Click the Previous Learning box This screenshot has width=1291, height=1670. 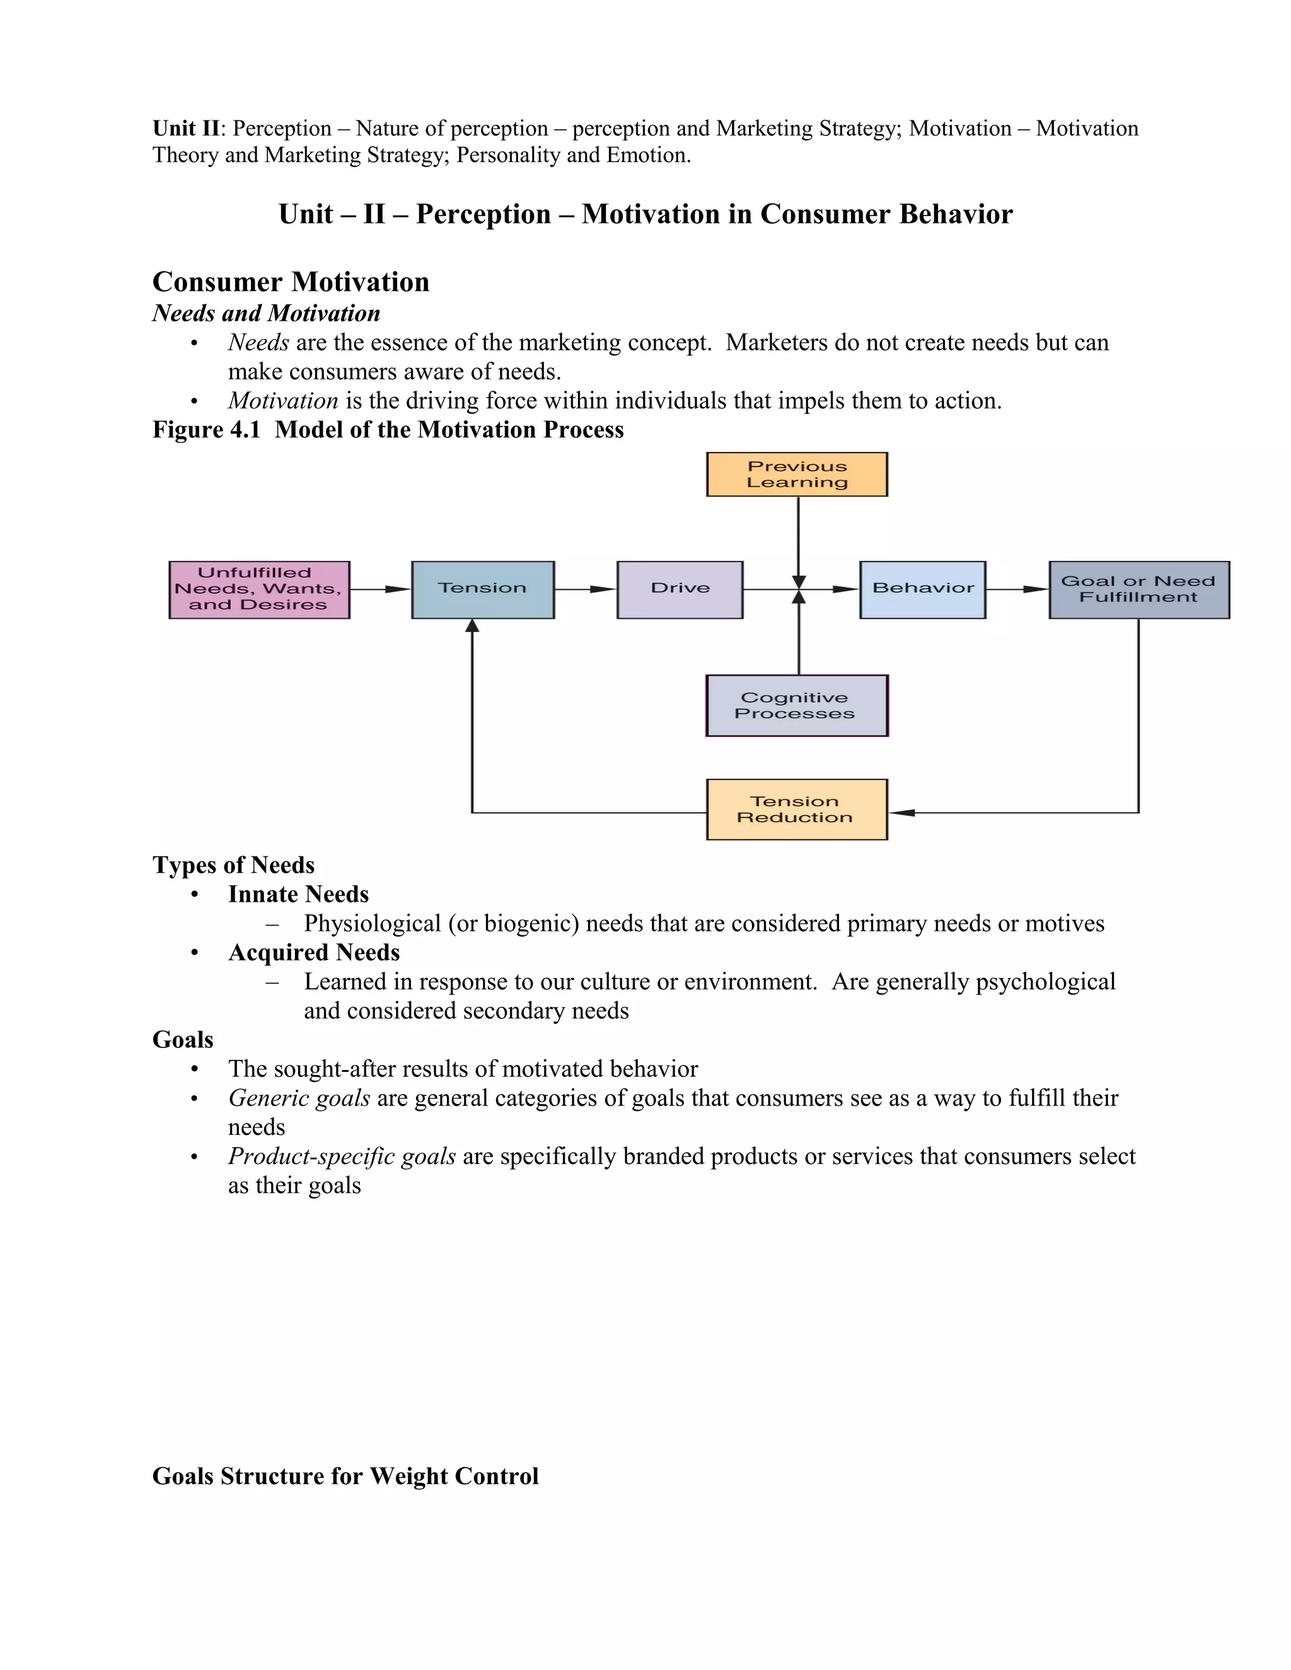point(797,474)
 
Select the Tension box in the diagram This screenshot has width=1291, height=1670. point(483,590)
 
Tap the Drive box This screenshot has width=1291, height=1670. point(680,590)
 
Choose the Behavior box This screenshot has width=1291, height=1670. point(922,590)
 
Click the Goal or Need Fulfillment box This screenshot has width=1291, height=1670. point(1139,590)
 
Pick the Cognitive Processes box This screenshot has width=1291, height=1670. point(797,706)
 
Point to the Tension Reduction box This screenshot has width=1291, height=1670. point(797,810)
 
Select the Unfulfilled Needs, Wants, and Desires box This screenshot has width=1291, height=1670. point(259,590)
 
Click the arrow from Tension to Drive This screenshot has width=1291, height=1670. point(585,590)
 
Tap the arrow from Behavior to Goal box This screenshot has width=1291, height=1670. point(1017,590)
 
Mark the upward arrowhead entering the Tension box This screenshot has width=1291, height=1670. point(473,626)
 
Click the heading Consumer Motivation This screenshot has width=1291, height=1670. point(291,282)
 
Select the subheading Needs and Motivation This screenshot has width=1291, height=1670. point(266,313)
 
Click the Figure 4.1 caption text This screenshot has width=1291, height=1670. point(388,430)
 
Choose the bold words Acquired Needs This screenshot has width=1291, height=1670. point(313,953)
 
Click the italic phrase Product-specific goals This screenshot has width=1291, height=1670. point(342,1156)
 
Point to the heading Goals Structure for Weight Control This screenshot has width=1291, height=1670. point(345,1476)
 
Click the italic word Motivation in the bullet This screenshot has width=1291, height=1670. point(283,401)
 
